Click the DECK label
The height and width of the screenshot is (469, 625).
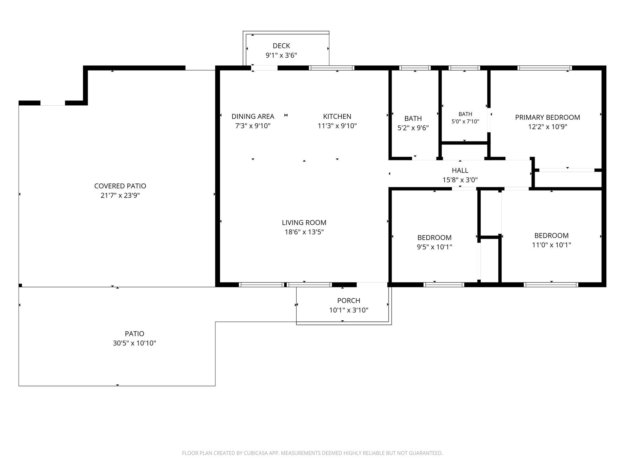281,46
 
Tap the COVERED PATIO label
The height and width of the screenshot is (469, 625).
120,186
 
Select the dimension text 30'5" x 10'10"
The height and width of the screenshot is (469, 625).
135,343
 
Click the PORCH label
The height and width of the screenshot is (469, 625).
349,301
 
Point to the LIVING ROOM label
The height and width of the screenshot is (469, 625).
304,223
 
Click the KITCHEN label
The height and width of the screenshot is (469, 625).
337,116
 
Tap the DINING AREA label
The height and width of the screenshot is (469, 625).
253,116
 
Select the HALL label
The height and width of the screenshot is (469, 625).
460,170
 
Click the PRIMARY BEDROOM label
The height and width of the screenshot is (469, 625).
548,117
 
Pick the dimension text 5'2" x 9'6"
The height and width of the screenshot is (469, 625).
413,128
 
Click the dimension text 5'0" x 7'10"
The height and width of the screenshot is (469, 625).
465,122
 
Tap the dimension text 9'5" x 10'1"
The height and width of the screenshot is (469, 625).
435,247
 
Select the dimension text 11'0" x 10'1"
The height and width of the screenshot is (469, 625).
551,245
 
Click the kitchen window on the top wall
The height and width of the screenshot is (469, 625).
331,68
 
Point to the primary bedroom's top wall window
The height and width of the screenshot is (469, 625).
545,68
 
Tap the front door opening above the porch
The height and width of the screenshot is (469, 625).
372,285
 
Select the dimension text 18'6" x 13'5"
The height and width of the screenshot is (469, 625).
304,232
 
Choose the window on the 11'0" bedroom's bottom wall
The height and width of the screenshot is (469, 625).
551,285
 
